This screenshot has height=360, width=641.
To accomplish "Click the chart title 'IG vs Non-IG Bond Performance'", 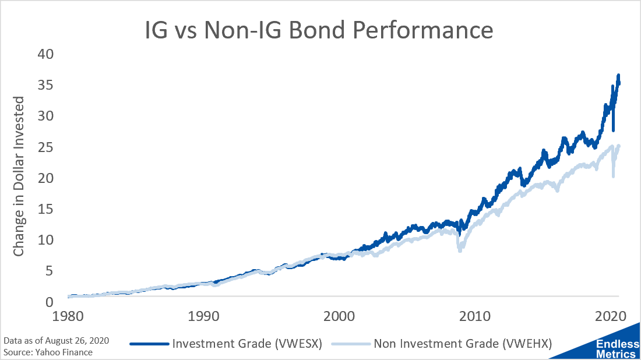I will coord(319,30).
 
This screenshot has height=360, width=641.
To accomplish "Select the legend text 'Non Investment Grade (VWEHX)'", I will coord(462,343).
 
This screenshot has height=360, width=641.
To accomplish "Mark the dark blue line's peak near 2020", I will coord(618,76).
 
